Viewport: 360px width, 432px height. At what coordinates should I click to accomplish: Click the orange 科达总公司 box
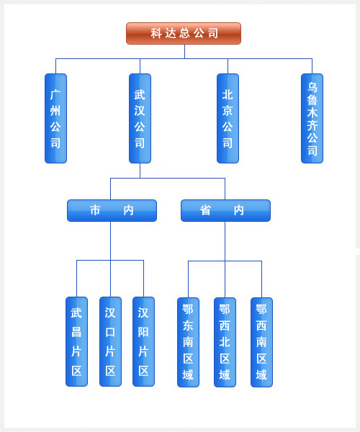(184, 33)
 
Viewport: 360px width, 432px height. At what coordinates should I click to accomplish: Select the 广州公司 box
(55, 118)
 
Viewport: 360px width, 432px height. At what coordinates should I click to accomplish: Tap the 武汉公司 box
(140, 118)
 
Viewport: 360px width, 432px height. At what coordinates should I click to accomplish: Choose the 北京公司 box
(228, 118)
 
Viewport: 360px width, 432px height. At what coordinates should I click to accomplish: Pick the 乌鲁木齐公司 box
(312, 118)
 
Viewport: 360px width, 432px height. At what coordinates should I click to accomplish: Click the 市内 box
(112, 210)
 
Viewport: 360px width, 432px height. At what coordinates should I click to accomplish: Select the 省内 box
(225, 210)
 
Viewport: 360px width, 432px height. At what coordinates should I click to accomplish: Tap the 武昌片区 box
(76, 341)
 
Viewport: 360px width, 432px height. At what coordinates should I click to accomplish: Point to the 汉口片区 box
(110, 341)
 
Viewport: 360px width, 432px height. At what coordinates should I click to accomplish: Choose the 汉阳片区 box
(143, 341)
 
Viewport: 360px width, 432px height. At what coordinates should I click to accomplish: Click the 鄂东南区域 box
(188, 342)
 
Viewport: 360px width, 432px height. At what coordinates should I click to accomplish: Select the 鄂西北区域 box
(225, 342)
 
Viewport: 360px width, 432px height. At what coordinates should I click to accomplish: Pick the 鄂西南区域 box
(261, 342)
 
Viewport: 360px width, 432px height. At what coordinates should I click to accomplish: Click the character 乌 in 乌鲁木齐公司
(312, 87)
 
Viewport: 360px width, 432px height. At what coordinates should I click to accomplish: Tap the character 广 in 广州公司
(55, 95)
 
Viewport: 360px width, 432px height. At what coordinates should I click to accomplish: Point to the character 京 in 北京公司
(228, 111)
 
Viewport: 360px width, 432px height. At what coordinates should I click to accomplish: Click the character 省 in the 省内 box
(205, 210)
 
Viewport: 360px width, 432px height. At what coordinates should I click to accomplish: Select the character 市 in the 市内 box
(95, 210)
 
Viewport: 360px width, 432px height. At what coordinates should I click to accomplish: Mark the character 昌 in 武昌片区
(76, 332)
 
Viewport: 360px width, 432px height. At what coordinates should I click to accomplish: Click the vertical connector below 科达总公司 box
(184, 52)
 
